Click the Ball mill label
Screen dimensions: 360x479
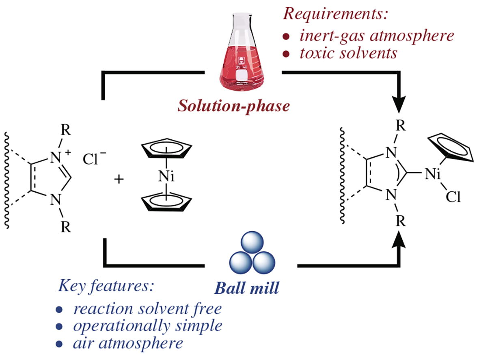point(247,288)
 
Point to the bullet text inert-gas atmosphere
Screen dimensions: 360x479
point(376,36)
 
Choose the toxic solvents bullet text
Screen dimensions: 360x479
point(348,53)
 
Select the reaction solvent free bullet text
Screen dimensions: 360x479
point(147,308)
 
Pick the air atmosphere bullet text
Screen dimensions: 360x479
point(127,343)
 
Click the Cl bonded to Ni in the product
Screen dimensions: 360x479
point(452,198)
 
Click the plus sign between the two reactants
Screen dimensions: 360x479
point(119,179)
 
